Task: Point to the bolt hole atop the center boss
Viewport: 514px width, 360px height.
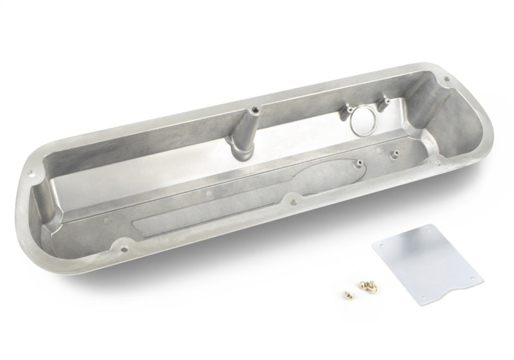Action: click(253, 109)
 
